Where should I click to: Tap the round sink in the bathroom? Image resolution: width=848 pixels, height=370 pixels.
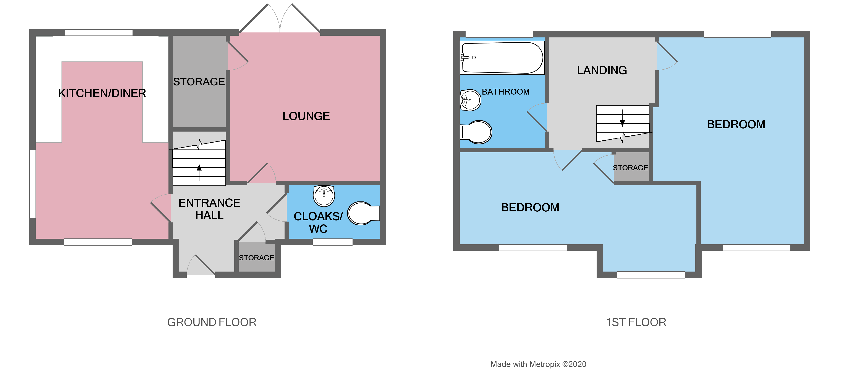470,100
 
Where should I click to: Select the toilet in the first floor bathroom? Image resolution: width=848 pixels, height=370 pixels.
477,132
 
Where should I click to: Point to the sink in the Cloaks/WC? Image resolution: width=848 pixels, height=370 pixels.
324,195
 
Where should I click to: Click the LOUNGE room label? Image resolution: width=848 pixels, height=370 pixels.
306,116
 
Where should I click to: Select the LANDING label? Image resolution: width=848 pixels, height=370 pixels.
602,70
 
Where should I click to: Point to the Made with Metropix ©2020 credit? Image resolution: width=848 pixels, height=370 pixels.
538,364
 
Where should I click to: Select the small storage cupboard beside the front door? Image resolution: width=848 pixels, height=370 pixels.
256,257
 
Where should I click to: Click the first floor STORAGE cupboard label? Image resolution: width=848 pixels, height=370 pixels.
630,168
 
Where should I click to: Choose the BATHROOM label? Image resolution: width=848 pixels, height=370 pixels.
506,92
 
